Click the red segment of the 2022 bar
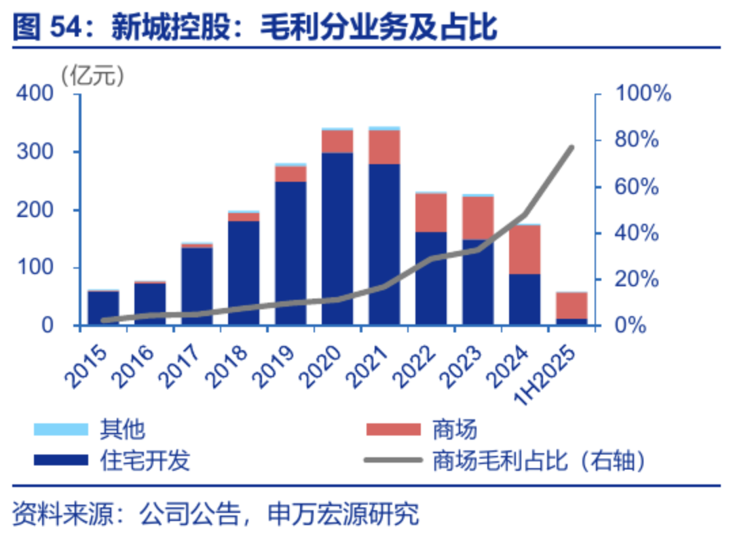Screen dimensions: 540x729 tap(431, 212)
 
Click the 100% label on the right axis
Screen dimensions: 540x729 tap(642, 94)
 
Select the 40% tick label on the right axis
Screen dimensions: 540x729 tap(637, 233)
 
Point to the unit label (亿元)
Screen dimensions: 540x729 tap(93, 76)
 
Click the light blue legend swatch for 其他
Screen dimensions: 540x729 tap(61, 429)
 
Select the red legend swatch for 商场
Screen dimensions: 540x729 tap(393, 429)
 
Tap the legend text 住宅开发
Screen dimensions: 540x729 tap(145, 461)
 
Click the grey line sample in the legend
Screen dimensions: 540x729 tap(393, 461)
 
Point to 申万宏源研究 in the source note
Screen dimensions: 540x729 tap(343, 514)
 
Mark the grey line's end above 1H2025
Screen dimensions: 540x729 tap(572, 147)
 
